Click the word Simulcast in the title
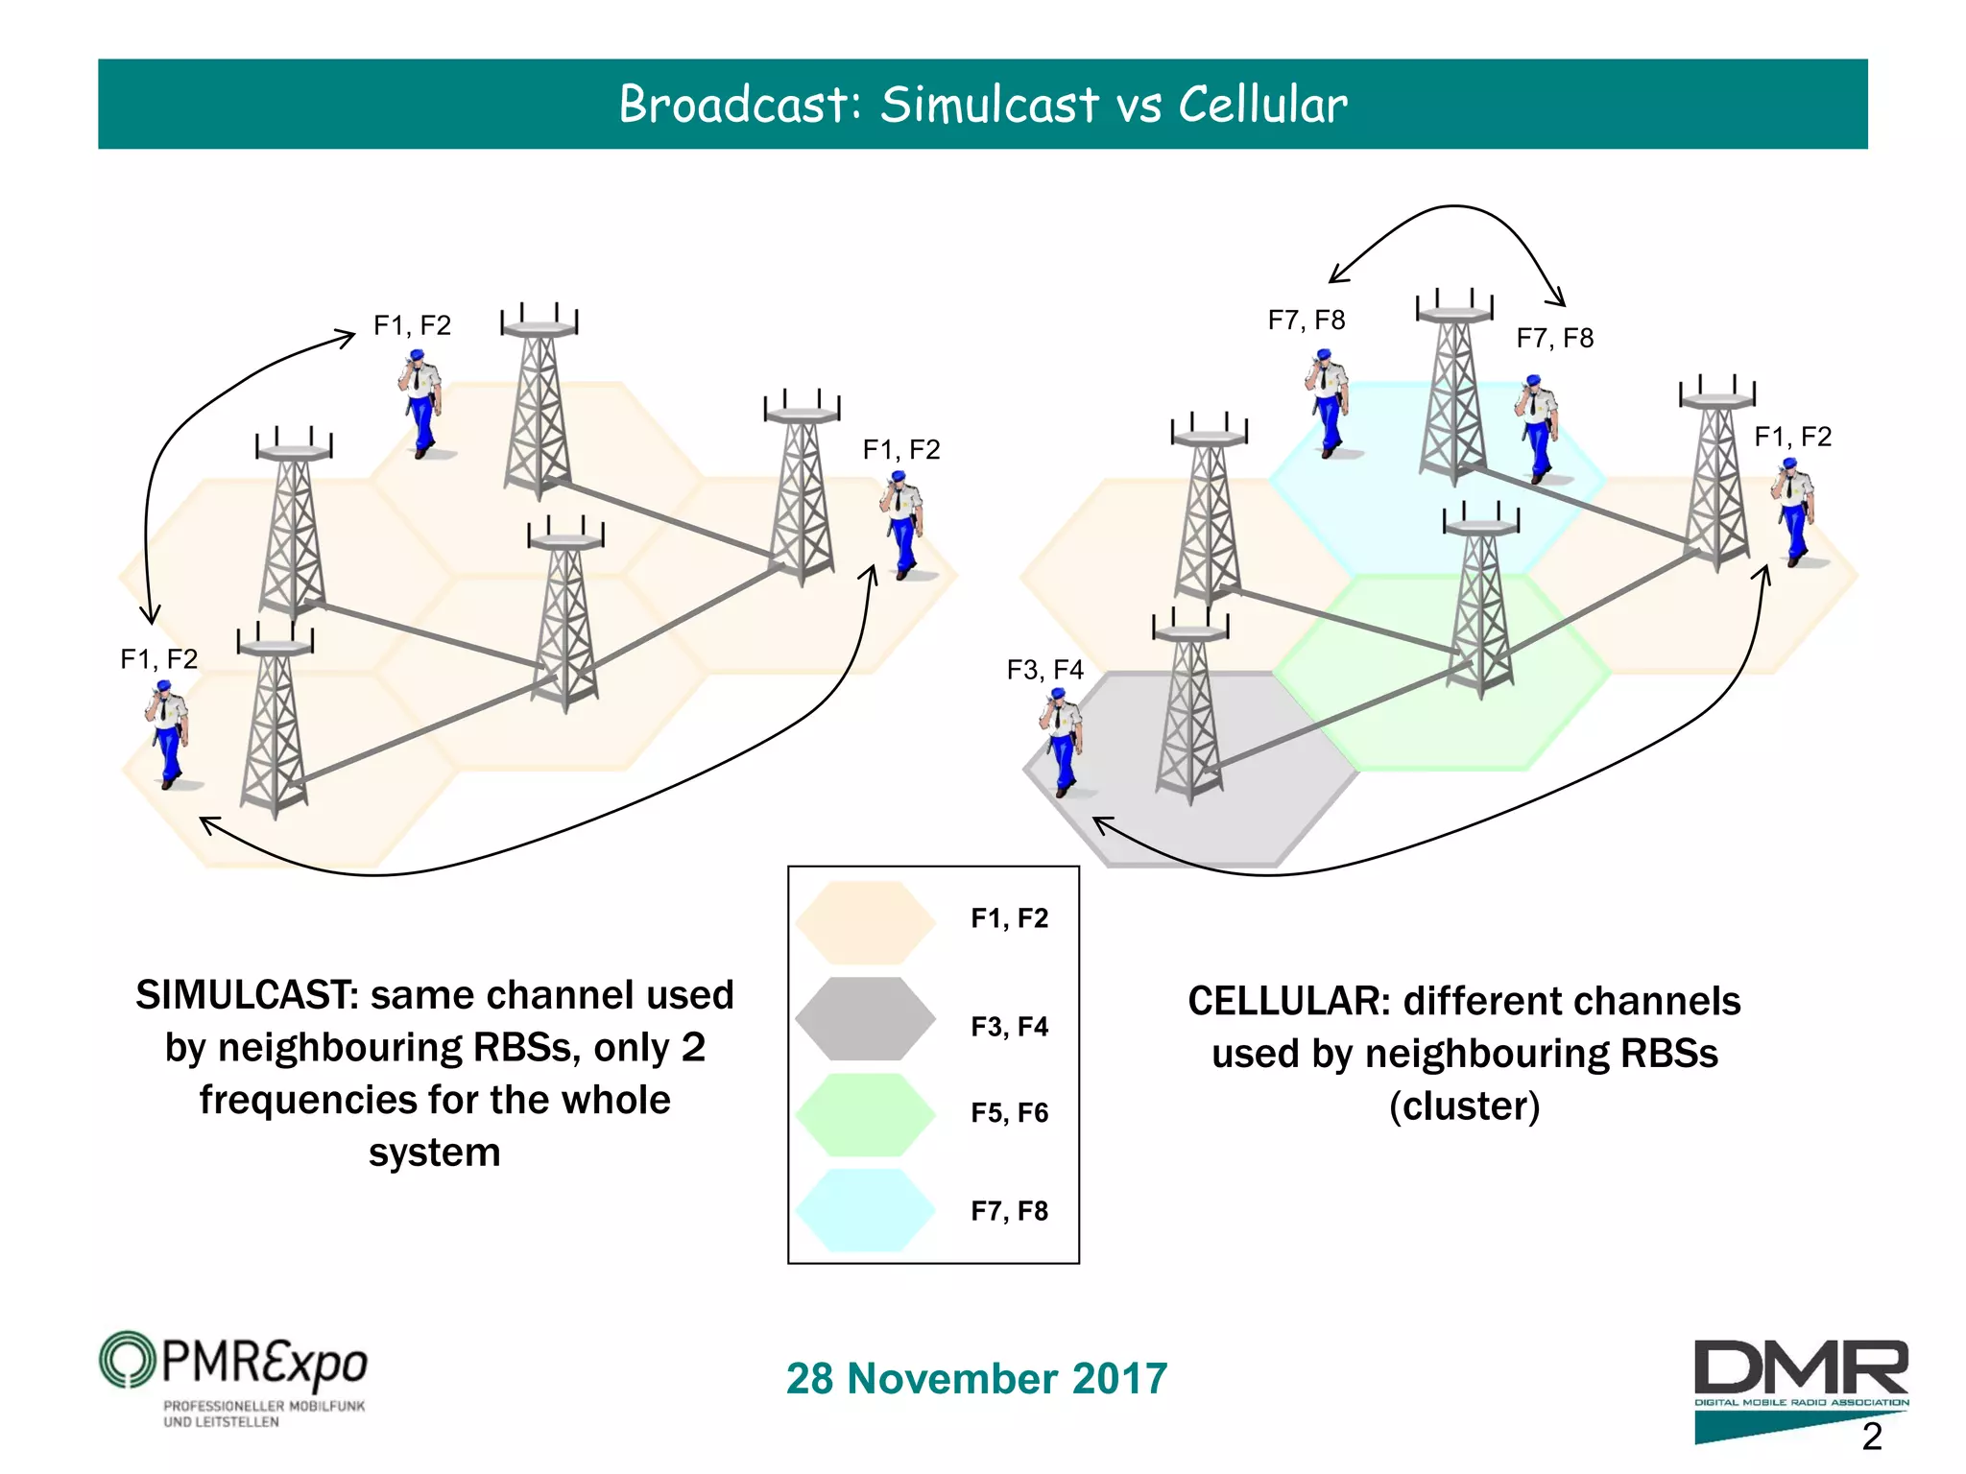pyautogui.click(x=989, y=105)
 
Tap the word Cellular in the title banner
pyautogui.click(x=1262, y=105)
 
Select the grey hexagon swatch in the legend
pyautogui.click(x=865, y=1018)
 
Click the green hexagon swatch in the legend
pyautogui.click(x=865, y=1114)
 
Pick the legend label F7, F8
pyautogui.click(x=1009, y=1211)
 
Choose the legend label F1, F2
pyautogui.click(x=1009, y=918)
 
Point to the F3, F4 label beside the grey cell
pyautogui.click(x=1044, y=670)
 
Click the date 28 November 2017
pyautogui.click(x=976, y=1379)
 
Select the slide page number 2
pyautogui.click(x=1871, y=1437)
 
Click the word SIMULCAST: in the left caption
pyautogui.click(x=247, y=995)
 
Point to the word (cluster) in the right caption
pyautogui.click(x=1464, y=1106)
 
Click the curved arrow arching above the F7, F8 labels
pyautogui.click(x=1455, y=207)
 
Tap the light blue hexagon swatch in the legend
pyautogui.click(x=865, y=1210)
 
